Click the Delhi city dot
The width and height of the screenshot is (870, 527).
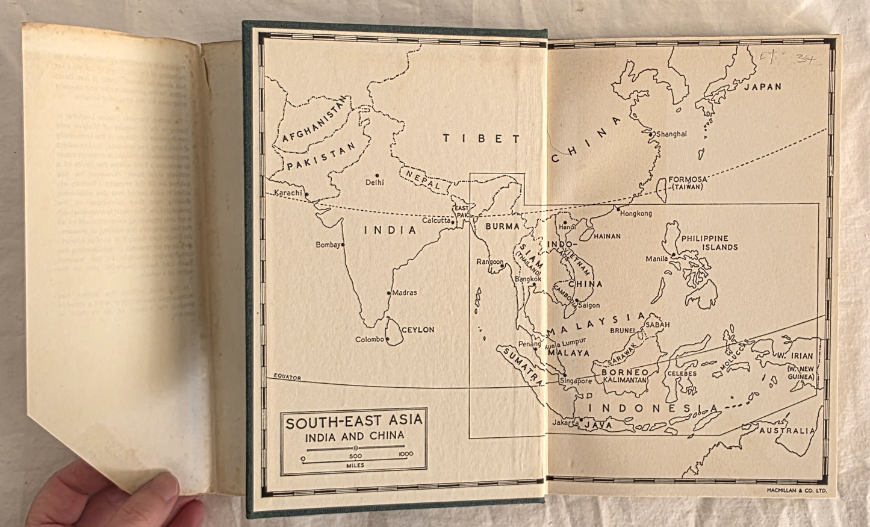click(x=378, y=176)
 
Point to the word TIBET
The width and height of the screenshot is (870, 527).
click(x=481, y=139)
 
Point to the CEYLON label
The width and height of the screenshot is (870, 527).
click(x=417, y=329)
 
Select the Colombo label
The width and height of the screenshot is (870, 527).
click(x=369, y=340)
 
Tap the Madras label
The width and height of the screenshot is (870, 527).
click(x=405, y=293)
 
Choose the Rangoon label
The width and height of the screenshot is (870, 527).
click(x=489, y=262)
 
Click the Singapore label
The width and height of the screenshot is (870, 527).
click(x=576, y=381)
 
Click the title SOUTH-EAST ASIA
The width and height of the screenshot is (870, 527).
click(x=354, y=422)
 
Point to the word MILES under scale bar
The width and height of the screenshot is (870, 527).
click(x=354, y=465)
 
